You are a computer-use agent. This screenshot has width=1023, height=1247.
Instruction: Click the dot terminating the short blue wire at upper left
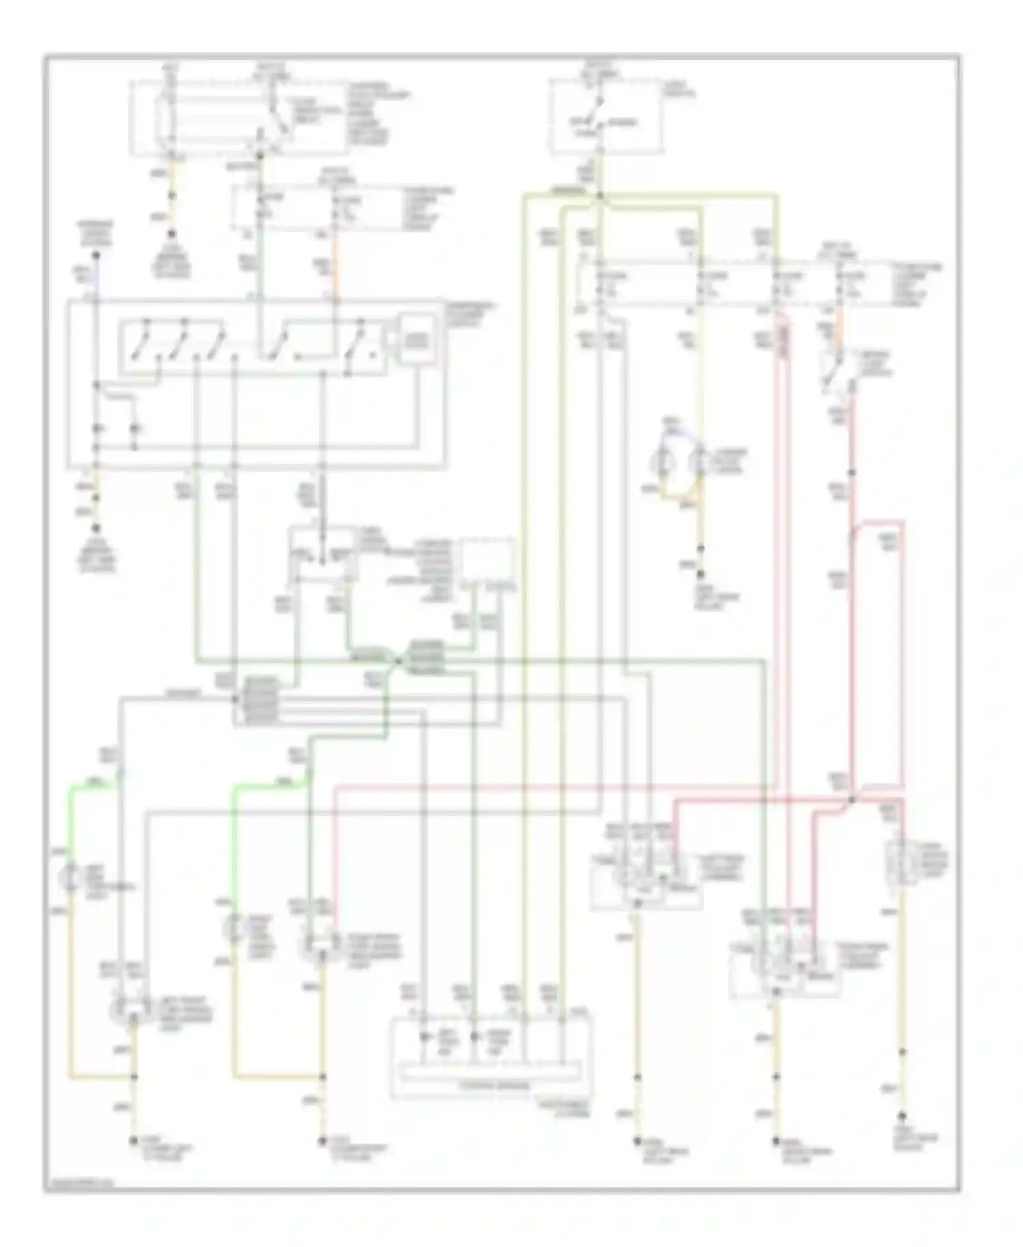[x=96, y=255]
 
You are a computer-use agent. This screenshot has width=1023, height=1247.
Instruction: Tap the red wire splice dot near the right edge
[x=852, y=799]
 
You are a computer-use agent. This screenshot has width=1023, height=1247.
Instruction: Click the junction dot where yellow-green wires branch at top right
[x=599, y=196]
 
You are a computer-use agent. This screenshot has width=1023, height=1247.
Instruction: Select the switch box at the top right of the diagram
[x=605, y=116]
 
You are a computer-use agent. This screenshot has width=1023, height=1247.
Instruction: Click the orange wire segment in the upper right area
[x=839, y=321]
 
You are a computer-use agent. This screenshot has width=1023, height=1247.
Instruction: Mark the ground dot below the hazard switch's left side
[x=96, y=528]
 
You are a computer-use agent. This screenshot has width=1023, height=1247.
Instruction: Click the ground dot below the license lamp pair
[x=701, y=547]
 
